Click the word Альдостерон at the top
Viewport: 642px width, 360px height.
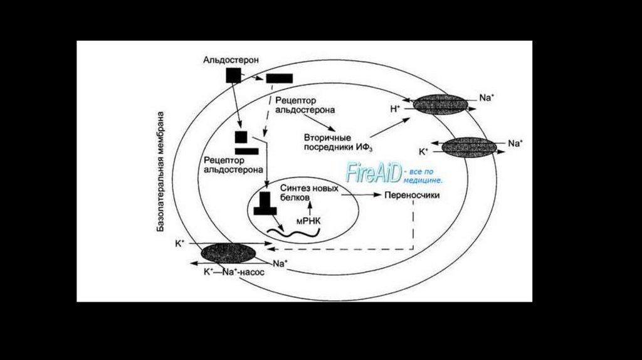pos(231,60)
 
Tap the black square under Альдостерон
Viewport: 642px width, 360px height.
pos(233,75)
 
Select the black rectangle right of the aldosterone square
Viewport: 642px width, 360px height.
pos(279,78)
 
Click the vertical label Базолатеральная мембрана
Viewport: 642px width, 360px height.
pos(160,172)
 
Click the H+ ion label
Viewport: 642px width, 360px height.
pos(395,109)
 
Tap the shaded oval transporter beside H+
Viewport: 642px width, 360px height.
pos(440,105)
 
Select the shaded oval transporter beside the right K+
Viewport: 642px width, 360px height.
pos(469,147)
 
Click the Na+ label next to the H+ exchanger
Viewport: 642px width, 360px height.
pos(487,98)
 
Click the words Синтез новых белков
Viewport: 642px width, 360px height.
pos(309,193)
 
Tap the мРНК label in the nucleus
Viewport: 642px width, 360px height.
pos(308,221)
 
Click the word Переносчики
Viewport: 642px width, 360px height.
pos(412,195)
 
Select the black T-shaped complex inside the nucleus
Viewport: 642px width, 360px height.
pos(265,203)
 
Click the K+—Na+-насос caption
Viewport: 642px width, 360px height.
pos(234,272)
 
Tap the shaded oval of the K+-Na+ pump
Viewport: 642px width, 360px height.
pos(228,253)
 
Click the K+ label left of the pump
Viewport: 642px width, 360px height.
pos(180,244)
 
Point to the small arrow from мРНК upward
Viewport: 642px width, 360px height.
pos(310,208)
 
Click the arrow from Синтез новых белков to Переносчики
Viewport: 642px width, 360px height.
pos(360,195)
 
